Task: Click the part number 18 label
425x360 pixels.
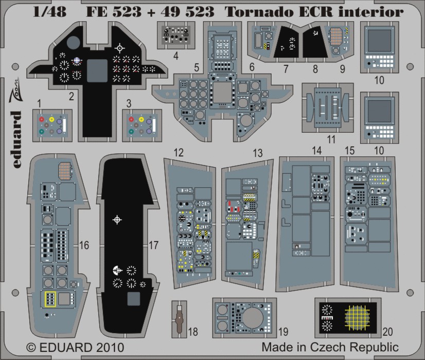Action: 192,332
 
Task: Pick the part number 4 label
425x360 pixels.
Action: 162,58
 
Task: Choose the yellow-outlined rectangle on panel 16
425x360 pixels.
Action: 50,298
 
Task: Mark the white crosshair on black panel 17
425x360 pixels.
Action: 118,220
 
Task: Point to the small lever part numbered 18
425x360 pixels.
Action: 179,318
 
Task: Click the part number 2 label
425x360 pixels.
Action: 71,95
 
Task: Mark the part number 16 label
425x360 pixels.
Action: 84,246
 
